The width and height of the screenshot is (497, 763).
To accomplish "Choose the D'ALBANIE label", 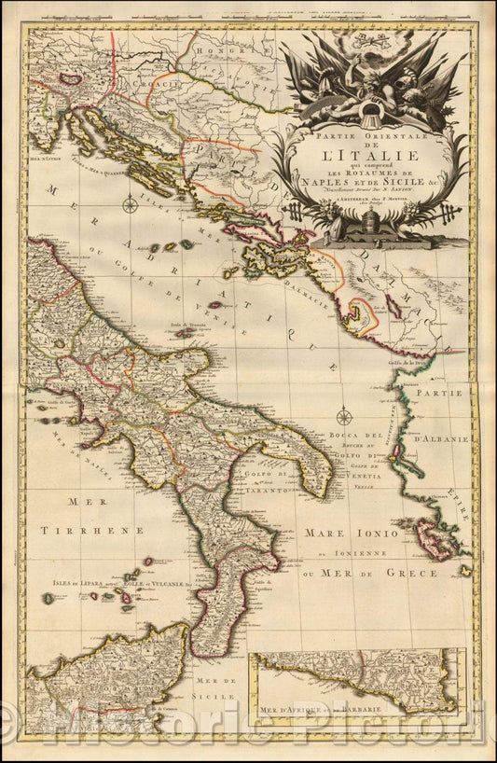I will pos(447,437).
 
